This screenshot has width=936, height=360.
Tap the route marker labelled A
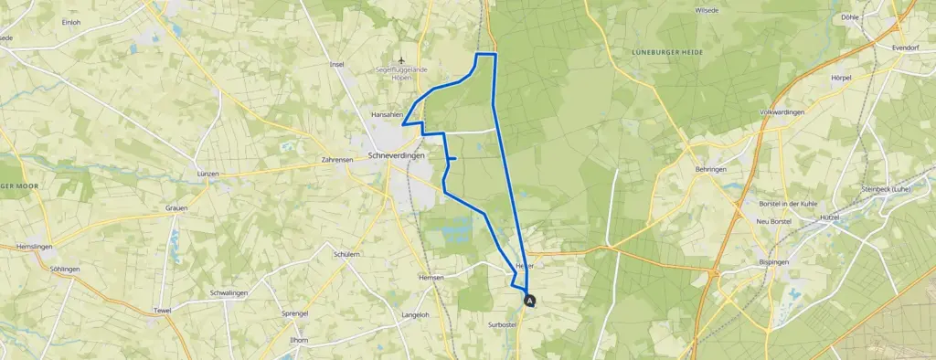pyautogui.click(x=529, y=299)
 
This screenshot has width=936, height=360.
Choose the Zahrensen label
pyautogui.click(x=337, y=159)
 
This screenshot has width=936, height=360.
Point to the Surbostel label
pyautogui.click(x=505, y=323)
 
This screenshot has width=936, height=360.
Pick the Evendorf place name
pyautogui.click(x=909, y=47)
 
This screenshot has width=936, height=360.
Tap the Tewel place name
pyautogui.click(x=163, y=311)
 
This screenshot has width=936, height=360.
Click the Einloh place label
pyautogui.click(x=71, y=21)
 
